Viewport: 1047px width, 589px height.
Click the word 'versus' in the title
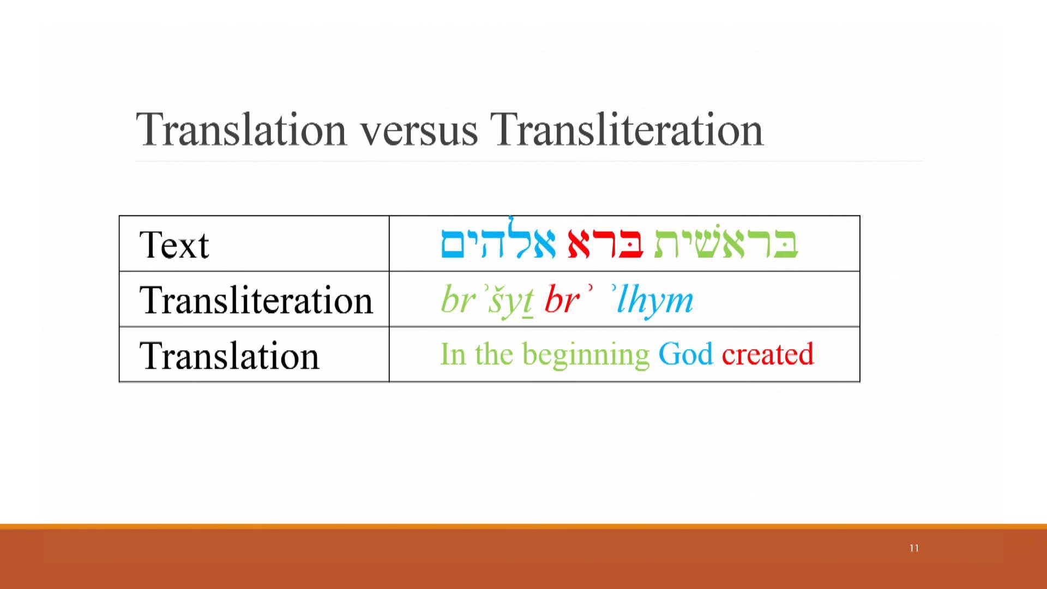tap(418, 131)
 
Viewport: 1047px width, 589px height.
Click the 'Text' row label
tap(174, 245)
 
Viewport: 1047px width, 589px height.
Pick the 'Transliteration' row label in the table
tap(256, 300)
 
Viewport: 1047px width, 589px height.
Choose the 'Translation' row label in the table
tap(229, 356)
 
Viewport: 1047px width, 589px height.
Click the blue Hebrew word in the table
tap(498, 242)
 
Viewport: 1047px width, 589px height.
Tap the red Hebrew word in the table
tap(605, 243)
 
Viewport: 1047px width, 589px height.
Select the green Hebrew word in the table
tap(726, 242)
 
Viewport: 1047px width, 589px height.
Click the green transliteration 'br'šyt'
tap(486, 300)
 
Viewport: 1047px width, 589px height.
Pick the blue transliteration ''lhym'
tap(653, 299)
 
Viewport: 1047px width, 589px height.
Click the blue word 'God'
tap(685, 354)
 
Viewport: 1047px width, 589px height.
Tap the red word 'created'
tap(767, 354)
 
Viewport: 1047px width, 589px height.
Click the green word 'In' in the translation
tap(453, 354)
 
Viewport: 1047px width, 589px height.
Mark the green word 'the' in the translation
tap(494, 354)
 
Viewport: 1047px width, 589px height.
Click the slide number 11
tap(914, 548)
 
